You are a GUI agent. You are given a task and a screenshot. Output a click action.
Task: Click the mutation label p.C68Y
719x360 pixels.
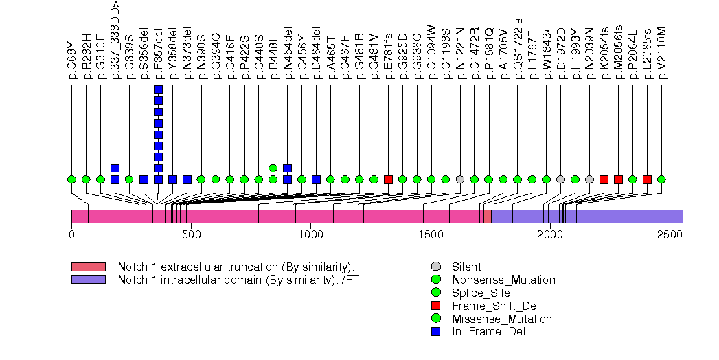click(x=72, y=58)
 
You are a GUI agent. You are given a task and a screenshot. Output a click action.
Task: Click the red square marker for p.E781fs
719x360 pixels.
click(x=388, y=179)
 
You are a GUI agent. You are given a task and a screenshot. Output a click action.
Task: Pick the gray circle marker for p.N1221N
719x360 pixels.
click(x=460, y=179)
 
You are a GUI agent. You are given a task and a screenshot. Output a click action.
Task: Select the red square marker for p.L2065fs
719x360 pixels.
click(x=647, y=179)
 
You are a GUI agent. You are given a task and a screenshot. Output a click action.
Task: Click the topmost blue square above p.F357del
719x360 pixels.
click(x=159, y=89)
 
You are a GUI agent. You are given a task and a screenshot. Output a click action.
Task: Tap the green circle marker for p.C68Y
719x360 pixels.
click(x=72, y=179)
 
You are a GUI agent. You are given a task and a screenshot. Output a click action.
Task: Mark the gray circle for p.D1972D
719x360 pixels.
click(x=560, y=179)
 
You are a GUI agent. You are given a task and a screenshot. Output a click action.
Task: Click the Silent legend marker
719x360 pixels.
click(x=436, y=267)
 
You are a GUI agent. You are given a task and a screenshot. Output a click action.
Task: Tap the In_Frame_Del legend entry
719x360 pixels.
click(x=488, y=332)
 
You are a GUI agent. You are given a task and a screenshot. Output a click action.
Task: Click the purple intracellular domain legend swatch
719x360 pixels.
click(x=88, y=280)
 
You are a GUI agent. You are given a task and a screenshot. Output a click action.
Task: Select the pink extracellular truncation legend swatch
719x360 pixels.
click(x=88, y=267)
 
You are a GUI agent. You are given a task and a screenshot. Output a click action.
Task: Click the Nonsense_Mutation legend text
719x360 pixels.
click(x=503, y=280)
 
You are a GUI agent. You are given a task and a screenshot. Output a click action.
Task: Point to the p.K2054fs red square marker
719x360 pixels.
click(x=604, y=179)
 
